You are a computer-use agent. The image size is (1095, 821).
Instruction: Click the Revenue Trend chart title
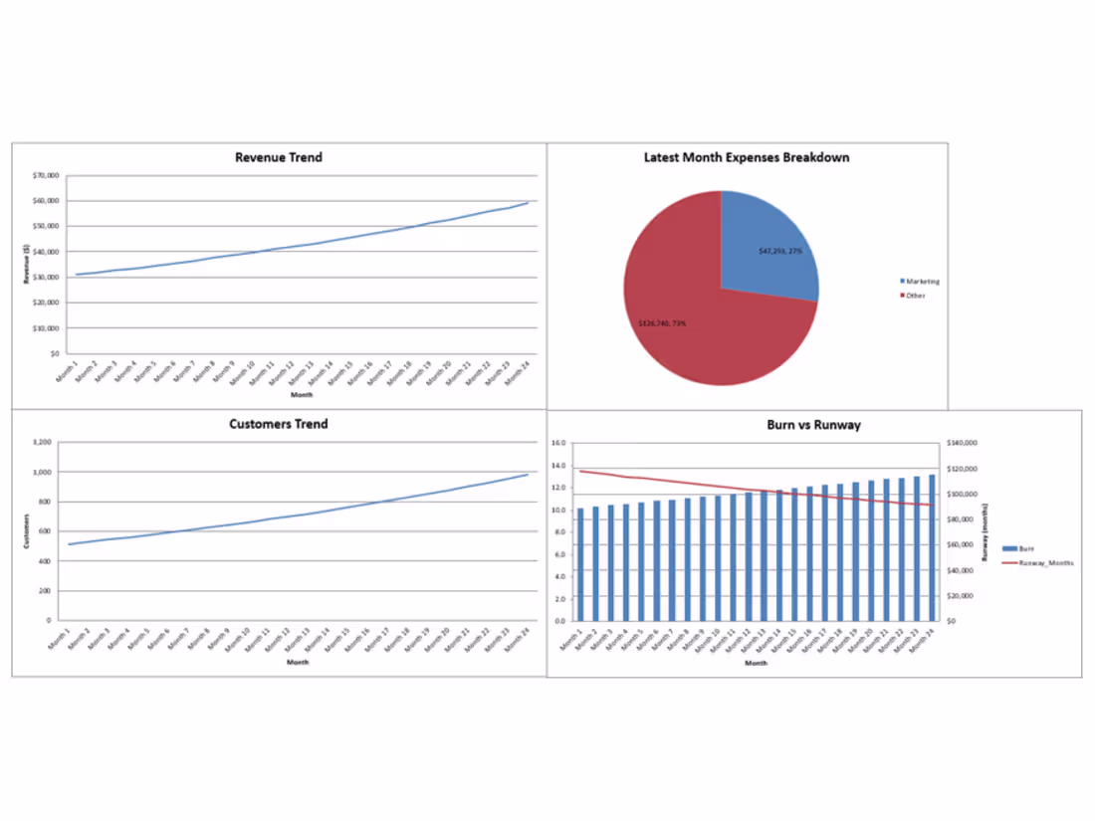point(278,157)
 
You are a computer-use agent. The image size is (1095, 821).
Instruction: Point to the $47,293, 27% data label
point(779,251)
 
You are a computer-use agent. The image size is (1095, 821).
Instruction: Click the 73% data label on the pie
point(662,322)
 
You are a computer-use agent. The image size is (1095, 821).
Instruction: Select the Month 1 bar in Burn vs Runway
point(580,564)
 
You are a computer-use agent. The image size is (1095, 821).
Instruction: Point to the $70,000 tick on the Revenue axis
point(47,175)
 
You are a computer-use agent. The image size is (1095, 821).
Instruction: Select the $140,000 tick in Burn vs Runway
point(965,443)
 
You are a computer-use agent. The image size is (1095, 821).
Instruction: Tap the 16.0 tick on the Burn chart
point(557,443)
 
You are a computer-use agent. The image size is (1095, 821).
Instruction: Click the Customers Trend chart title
point(278,424)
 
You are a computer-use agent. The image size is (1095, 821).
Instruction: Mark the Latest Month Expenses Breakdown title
point(746,157)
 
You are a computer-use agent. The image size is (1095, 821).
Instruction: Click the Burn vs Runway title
point(813,425)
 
